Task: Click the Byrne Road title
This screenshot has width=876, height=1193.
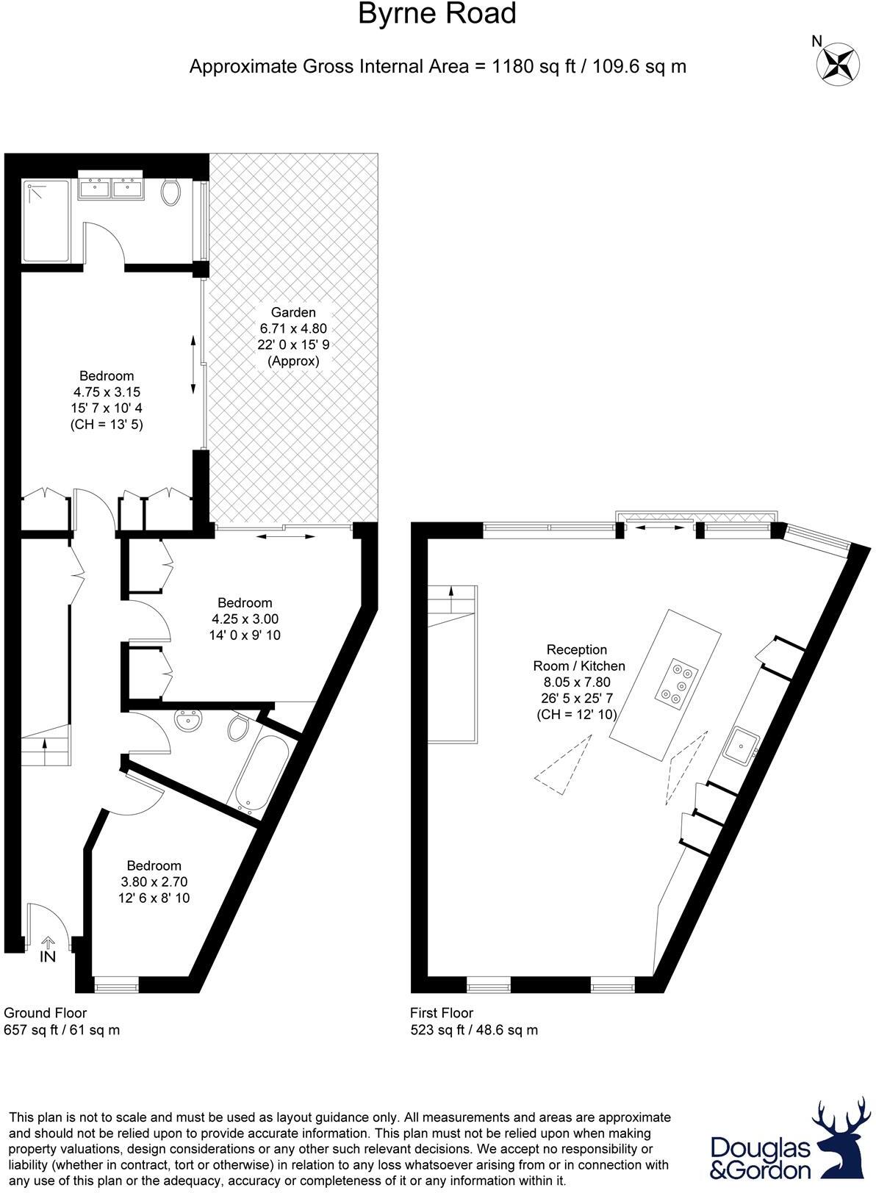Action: [437, 14]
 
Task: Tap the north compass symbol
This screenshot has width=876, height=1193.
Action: [839, 63]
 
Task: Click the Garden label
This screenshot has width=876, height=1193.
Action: [293, 312]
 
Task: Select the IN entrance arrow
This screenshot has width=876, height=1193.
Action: [49, 945]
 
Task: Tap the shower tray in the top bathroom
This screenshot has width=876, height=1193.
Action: [46, 220]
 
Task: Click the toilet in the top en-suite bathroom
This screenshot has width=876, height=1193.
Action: [171, 192]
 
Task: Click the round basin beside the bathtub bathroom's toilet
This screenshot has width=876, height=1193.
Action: [192, 721]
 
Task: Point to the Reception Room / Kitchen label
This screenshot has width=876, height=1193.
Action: [578, 657]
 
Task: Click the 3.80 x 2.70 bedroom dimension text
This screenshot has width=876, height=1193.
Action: [154, 882]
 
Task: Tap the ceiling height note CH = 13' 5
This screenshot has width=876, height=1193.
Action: [107, 424]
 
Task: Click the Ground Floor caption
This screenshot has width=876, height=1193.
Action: [46, 1013]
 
